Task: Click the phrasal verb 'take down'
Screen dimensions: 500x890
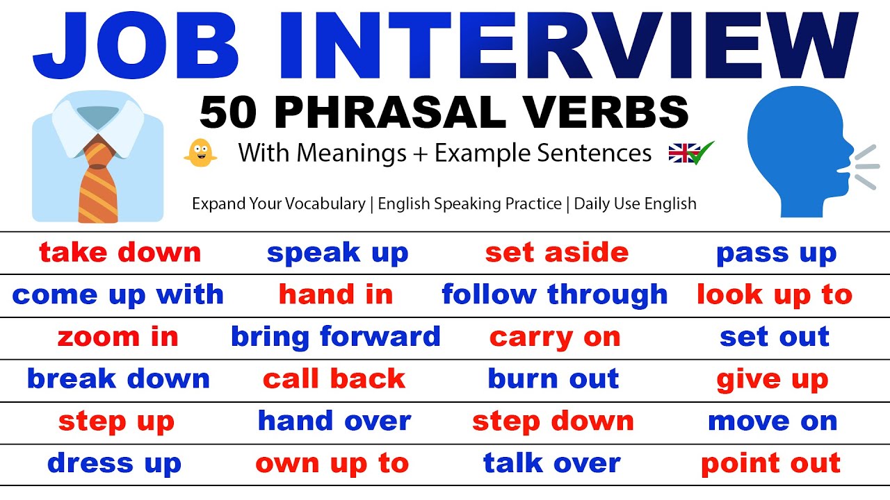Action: click(120, 253)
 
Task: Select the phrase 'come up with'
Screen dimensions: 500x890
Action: click(118, 295)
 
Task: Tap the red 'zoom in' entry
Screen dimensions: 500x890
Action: click(118, 337)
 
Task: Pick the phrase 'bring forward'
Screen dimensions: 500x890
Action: click(335, 337)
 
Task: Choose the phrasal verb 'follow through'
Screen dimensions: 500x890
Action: click(554, 295)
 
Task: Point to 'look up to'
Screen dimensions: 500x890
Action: click(774, 295)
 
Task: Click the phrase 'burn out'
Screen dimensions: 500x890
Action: click(553, 379)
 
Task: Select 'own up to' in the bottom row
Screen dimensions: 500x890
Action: click(332, 464)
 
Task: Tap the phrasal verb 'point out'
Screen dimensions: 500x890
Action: click(770, 464)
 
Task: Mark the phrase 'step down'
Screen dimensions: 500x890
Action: click(553, 422)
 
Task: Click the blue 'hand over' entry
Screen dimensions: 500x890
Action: click(334, 422)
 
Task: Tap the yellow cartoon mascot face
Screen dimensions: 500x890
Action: click(200, 152)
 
